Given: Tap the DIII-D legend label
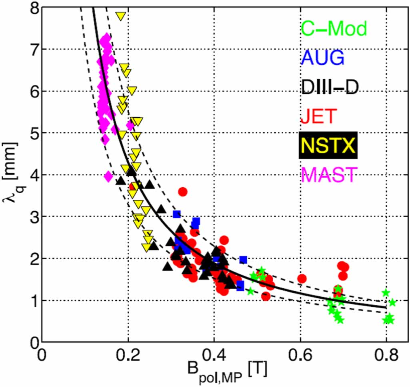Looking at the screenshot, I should point(330,87).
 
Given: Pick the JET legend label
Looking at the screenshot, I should point(317,116).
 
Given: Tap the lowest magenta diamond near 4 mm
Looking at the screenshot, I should point(108,176).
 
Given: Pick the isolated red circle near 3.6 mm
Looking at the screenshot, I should point(183,192).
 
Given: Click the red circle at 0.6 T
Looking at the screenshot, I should point(302,278).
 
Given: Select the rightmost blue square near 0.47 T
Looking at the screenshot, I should point(243,260).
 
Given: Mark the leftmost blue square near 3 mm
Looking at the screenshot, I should point(176,214).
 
